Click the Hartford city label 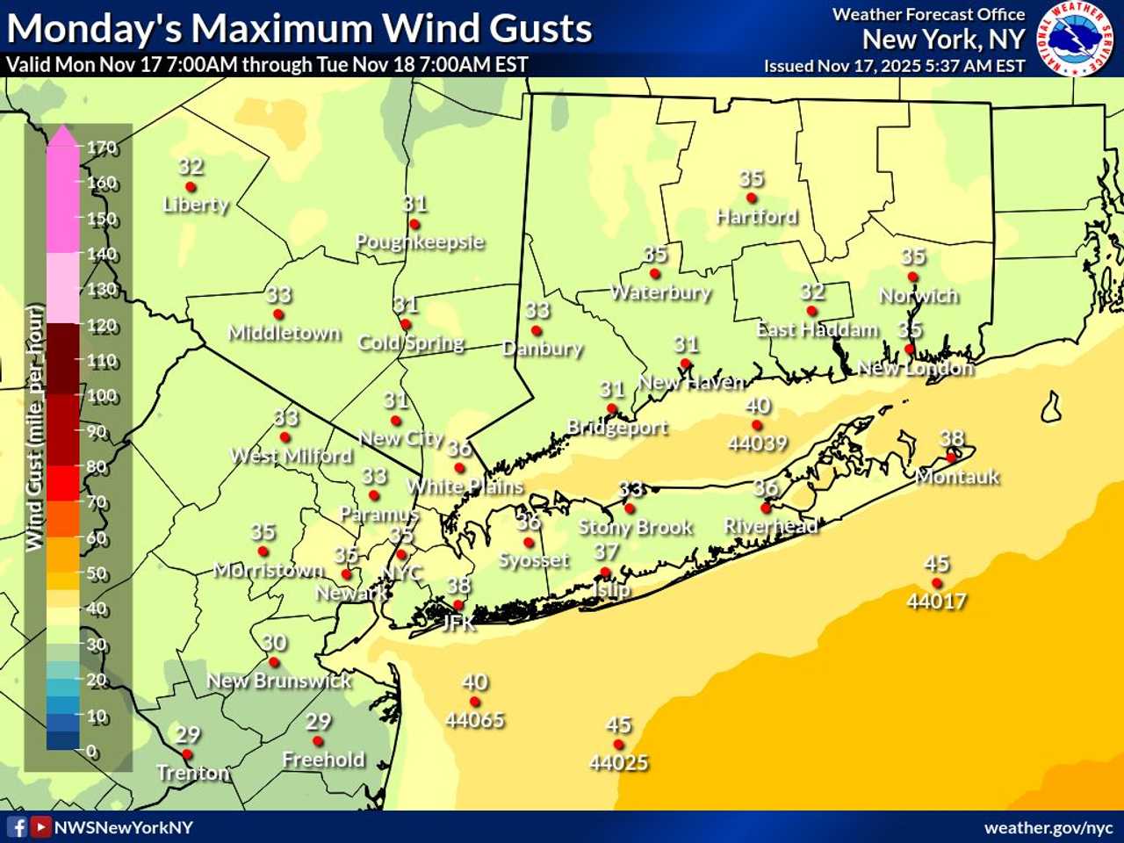click(756, 216)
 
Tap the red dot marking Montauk click(950, 458)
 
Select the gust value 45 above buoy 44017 click(937, 564)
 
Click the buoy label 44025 click(618, 762)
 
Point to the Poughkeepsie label click(420, 241)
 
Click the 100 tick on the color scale click(101, 396)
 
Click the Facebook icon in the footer click(17, 827)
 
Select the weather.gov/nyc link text click(1048, 828)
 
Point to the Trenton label click(192, 773)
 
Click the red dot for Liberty click(191, 187)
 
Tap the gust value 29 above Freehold click(318, 722)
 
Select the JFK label click(458, 623)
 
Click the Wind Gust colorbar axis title click(34, 428)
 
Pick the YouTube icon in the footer click(40, 827)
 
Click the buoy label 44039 click(757, 443)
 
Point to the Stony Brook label click(635, 527)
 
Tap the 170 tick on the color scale click(101, 148)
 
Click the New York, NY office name click(943, 40)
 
